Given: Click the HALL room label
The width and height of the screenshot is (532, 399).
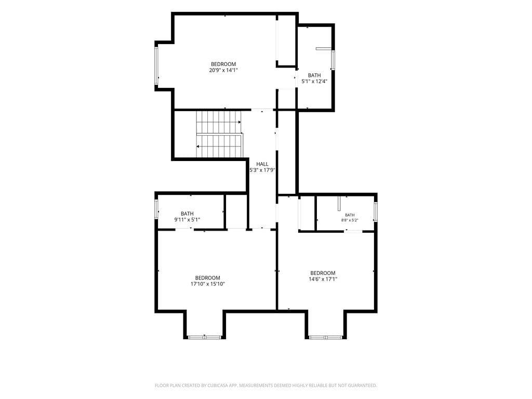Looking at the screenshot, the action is [x=262, y=164].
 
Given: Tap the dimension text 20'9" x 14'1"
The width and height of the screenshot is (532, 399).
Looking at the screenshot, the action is [x=223, y=70].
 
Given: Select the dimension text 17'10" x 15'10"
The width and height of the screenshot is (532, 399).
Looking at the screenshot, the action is [x=208, y=284].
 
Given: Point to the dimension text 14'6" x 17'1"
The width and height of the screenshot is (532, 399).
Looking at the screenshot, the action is [x=323, y=279].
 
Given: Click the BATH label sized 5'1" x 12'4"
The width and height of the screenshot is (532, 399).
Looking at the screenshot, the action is [x=314, y=75].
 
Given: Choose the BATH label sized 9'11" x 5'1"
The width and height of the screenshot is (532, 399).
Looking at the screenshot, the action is [x=187, y=214].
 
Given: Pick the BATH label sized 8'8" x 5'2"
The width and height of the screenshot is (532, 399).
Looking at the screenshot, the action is [x=350, y=215].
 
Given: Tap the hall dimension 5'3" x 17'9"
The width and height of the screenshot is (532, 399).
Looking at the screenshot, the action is [x=262, y=170].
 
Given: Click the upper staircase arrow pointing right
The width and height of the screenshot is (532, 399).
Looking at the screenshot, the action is [x=219, y=122].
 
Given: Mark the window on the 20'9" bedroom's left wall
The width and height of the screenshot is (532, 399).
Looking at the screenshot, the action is [x=156, y=66].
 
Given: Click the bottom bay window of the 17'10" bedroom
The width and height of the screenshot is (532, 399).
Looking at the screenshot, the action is [x=205, y=337].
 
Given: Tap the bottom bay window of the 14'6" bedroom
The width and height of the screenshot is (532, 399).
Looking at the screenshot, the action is [x=326, y=337].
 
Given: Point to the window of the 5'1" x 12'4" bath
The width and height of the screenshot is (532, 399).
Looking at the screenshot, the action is [x=333, y=60].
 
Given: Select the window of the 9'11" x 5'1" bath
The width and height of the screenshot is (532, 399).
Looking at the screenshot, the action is [x=156, y=209].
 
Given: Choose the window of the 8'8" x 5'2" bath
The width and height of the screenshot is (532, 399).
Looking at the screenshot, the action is [x=376, y=212].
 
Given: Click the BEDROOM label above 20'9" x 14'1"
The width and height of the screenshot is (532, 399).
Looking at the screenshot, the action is [x=223, y=64].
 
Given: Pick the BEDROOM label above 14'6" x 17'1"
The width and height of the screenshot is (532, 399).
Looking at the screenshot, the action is [x=323, y=273].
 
